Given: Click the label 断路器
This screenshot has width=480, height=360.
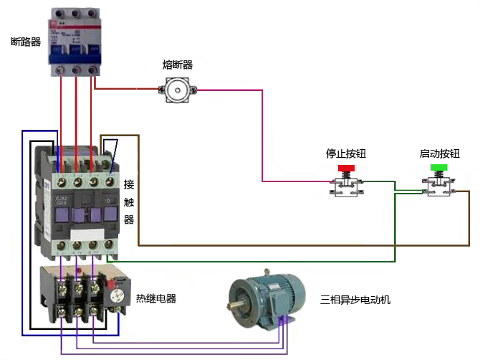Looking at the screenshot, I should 26,42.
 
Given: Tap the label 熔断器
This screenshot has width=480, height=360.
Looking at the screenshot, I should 177,65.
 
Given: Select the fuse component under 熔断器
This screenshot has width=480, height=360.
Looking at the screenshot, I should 177,90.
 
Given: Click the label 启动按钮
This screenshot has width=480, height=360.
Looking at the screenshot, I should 439,153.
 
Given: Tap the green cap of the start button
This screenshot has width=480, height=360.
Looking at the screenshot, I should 438,168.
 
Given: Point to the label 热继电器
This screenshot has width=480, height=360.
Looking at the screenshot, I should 156,298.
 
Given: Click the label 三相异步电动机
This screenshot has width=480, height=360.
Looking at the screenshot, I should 355,299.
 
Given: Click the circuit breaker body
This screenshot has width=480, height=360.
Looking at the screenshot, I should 76,39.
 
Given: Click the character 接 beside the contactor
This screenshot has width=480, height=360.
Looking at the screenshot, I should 129,184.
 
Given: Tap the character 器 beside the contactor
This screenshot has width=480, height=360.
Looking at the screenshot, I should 129,219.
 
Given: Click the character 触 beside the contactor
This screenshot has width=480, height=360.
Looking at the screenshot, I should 129,202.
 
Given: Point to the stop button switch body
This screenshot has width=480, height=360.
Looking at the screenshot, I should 346,185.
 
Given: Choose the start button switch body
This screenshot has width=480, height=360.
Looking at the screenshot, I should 438,186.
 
